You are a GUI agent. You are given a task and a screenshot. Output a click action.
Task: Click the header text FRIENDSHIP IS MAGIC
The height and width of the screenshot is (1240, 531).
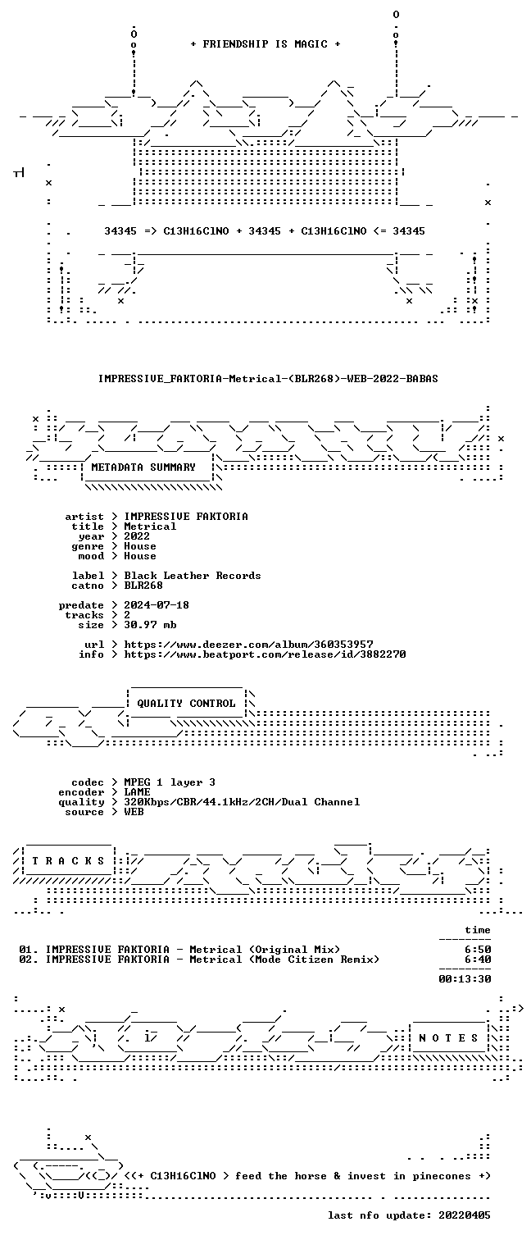tap(265, 44)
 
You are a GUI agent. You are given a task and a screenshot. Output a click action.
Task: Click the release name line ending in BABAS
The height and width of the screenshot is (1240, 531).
tap(268, 379)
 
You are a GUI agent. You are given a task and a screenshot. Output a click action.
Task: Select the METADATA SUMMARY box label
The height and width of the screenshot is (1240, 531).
tap(143, 467)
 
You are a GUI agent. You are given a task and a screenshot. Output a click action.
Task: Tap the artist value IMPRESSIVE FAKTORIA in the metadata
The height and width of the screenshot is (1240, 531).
tap(186, 517)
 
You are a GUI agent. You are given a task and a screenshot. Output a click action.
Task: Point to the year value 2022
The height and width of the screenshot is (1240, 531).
tap(137, 536)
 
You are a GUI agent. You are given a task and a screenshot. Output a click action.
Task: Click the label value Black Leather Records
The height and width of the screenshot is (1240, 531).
tap(193, 575)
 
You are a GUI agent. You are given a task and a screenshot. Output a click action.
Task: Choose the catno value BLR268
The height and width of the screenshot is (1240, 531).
tap(143, 585)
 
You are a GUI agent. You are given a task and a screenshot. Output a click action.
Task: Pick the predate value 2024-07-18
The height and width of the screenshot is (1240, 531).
tap(157, 605)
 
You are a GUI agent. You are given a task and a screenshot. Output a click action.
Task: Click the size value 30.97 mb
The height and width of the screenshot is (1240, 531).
tap(150, 624)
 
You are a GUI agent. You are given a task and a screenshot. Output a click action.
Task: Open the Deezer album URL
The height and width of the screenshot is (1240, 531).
tap(248, 645)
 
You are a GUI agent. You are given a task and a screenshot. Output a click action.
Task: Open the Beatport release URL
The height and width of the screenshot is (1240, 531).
tap(265, 654)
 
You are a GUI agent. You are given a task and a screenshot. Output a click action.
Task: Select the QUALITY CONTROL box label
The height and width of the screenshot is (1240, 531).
tap(186, 704)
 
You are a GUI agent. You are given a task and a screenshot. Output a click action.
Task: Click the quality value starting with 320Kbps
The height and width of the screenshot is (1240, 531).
tap(242, 802)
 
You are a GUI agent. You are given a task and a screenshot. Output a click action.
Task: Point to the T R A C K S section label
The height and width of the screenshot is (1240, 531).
tap(68, 861)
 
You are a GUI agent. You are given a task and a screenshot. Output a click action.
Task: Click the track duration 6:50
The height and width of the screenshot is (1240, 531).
tap(478, 950)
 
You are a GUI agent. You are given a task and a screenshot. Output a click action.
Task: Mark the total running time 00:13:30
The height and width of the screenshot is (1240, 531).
tap(465, 978)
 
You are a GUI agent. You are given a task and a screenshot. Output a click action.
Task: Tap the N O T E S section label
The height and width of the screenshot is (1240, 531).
tap(448, 1038)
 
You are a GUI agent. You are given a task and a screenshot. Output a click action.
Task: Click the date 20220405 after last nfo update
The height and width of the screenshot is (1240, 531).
tap(465, 1215)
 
